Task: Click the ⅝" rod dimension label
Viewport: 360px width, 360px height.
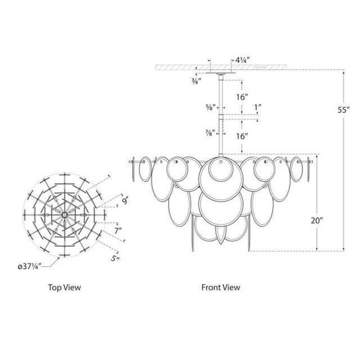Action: tap(210, 109)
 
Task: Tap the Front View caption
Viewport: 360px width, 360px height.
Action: tap(221, 287)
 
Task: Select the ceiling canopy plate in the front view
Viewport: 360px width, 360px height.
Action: tap(221, 73)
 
